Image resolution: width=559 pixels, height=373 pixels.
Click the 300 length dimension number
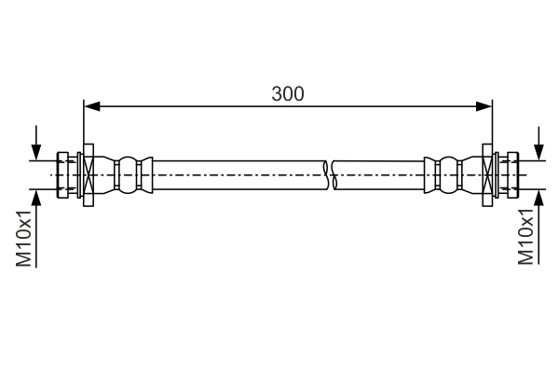pyautogui.click(x=288, y=93)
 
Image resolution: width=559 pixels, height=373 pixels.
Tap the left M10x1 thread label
pyautogui.click(x=25, y=238)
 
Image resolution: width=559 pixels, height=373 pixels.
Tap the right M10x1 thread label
pyautogui.click(x=528, y=238)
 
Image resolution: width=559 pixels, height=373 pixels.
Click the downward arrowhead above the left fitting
pyautogui.click(x=36, y=153)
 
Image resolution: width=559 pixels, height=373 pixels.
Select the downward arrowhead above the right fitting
pyautogui.click(x=539, y=153)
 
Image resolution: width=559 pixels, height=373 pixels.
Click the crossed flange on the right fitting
pyautogui.click(x=487, y=175)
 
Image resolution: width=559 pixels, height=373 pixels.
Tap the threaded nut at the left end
pyautogui.click(x=66, y=175)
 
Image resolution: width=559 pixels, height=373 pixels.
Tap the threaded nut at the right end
pyautogui.click(x=509, y=175)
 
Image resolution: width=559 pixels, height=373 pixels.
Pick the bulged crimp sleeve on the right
pyautogui.click(x=447, y=175)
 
